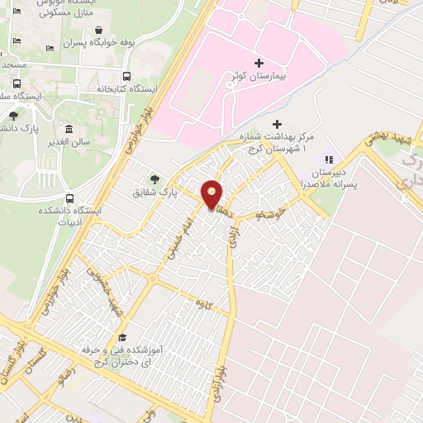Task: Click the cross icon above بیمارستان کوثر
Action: (259, 63)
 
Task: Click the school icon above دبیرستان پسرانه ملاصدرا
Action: (327, 159)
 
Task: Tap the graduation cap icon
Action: (122, 338)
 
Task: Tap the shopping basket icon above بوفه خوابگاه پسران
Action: (102, 30)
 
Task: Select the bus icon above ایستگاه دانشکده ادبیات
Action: (69, 198)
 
